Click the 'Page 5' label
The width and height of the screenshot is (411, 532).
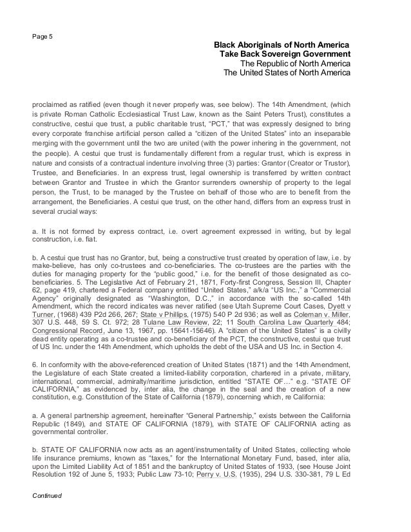(43, 35)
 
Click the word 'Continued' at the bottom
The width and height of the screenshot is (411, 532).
(48, 514)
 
